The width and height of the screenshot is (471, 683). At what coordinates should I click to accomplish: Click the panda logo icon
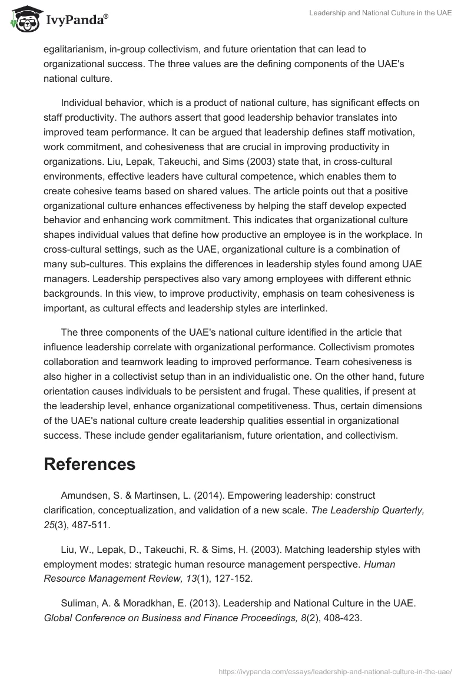tap(22, 19)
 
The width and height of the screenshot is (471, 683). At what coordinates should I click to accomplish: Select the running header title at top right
tap(380, 13)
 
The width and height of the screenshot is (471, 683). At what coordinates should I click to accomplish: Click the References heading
tap(89, 464)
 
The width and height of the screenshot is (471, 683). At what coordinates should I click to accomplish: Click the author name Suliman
tap(78, 604)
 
